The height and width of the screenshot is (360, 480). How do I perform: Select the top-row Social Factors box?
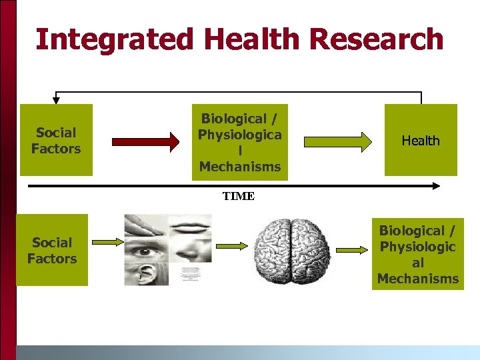56,140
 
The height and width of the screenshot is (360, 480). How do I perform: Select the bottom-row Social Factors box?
52,250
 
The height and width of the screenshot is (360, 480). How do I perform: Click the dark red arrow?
145,141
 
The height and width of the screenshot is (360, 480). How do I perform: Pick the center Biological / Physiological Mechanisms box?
240,142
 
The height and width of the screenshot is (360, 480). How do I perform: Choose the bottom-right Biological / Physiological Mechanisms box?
417,254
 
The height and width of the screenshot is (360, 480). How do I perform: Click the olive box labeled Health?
421,140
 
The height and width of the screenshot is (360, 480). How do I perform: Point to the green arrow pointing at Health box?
338,141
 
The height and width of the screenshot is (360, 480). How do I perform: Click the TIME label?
238,196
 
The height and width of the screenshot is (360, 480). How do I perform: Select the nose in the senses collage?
189,250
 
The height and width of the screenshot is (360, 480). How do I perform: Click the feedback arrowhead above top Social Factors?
56,101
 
